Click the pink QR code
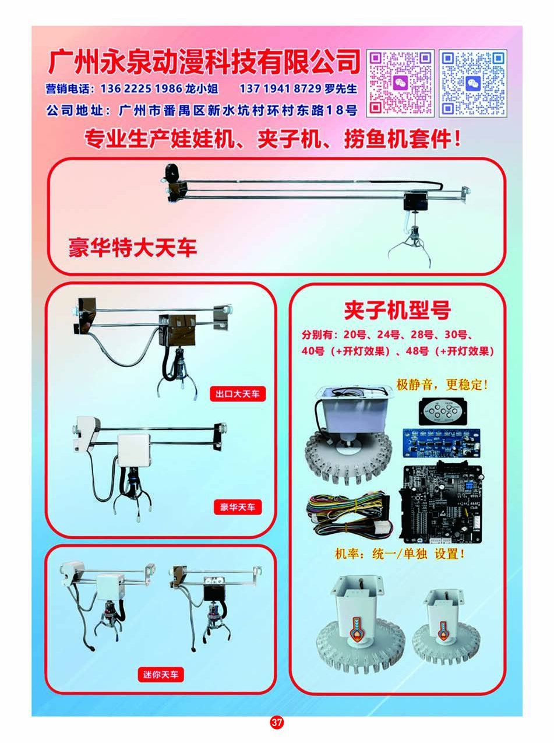click(400, 82)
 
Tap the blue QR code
click(472, 82)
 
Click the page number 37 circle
click(277, 723)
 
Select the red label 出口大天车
click(237, 395)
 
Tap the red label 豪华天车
click(237, 507)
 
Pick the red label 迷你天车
click(161, 675)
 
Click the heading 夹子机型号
click(397, 311)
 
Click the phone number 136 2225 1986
click(137, 89)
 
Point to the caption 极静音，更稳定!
click(442, 385)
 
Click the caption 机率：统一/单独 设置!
click(400, 554)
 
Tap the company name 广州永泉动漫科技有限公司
click(204, 62)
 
